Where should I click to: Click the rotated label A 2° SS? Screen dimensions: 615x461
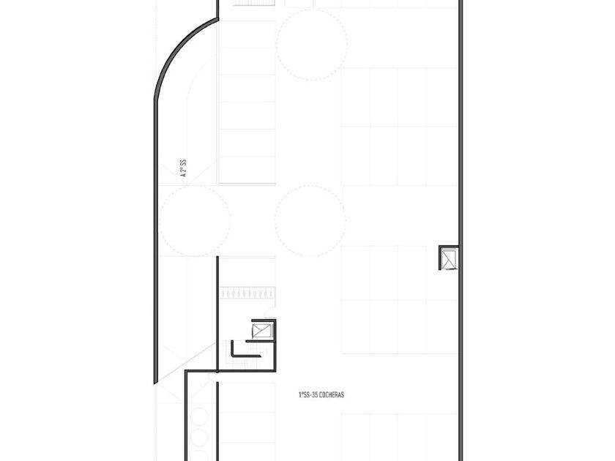click(183, 168)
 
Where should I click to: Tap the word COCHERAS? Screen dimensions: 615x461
click(332, 394)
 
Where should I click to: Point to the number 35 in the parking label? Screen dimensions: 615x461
click(314, 394)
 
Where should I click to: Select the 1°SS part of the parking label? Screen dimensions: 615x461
click(304, 394)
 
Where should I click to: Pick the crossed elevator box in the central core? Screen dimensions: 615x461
click(261, 331)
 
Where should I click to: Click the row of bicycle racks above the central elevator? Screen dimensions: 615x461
click(247, 293)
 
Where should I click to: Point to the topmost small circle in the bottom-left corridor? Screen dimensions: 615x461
click(200, 416)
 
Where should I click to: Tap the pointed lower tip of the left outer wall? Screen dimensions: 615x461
click(155, 383)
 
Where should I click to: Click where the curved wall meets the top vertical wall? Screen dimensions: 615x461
click(217, 18)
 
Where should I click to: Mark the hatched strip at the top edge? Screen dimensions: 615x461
click(254, 3)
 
